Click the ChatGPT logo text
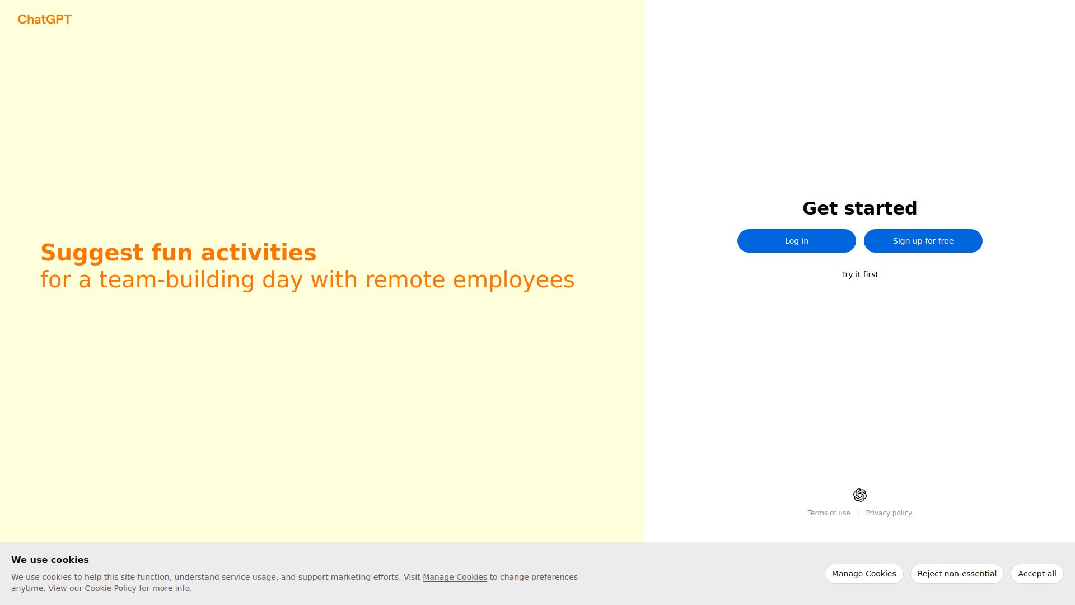[x=45, y=20]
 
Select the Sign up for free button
[x=923, y=241]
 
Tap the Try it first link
[x=859, y=274]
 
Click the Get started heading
[x=859, y=208]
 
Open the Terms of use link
[x=829, y=513]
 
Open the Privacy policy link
[x=889, y=513]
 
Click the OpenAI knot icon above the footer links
[x=859, y=495]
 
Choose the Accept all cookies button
[x=1037, y=574]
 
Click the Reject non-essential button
[x=957, y=574]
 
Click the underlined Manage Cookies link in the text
[x=455, y=577]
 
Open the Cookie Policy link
[x=110, y=588]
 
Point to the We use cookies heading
[x=50, y=560]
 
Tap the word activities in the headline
[x=259, y=253]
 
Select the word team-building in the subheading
[x=176, y=280]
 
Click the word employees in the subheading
[x=513, y=280]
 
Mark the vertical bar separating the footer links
[x=858, y=513]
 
